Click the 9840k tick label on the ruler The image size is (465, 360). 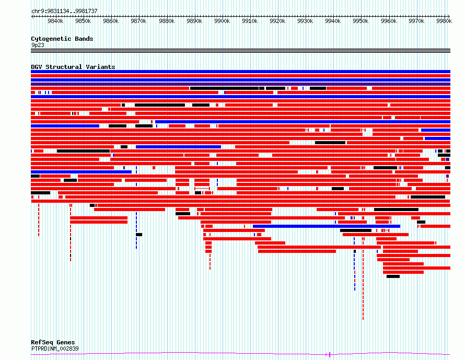click(x=55, y=21)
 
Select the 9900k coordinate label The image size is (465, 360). click(x=222, y=21)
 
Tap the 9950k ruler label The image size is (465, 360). click(x=361, y=21)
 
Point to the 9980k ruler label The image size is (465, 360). click(x=444, y=21)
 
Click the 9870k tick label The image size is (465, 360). click(x=138, y=21)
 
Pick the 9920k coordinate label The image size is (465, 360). click(x=277, y=21)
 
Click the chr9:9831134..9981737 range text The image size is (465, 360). click(x=64, y=11)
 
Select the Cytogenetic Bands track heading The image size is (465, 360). click(x=62, y=39)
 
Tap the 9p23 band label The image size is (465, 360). click(x=38, y=45)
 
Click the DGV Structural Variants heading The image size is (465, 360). click(x=73, y=67)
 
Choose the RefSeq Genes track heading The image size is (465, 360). click(x=53, y=342)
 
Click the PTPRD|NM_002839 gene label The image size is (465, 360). click(x=55, y=349)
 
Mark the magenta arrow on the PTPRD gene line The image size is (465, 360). click(x=328, y=354)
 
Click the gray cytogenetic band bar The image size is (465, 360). click(x=240, y=51)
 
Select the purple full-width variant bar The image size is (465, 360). click(x=240, y=84)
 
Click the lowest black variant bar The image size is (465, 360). click(x=393, y=276)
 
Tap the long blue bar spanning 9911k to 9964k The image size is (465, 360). click(x=327, y=226)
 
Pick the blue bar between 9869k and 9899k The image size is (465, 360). click(x=179, y=147)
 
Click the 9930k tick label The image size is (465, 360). click(x=305, y=21)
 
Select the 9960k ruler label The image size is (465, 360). click(x=389, y=21)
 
